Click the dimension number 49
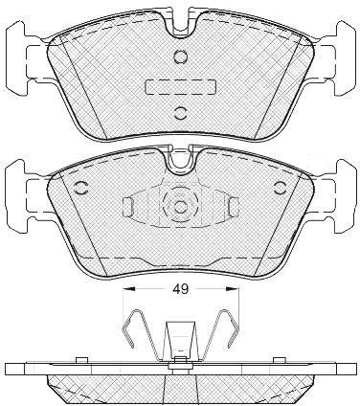click(181, 289)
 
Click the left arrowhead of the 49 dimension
click(129, 289)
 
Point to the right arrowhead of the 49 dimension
click(233, 289)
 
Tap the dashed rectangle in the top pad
click(181, 87)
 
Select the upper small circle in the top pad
click(180, 56)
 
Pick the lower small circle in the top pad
click(180, 112)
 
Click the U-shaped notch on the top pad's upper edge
click(181, 26)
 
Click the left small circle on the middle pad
click(80, 188)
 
